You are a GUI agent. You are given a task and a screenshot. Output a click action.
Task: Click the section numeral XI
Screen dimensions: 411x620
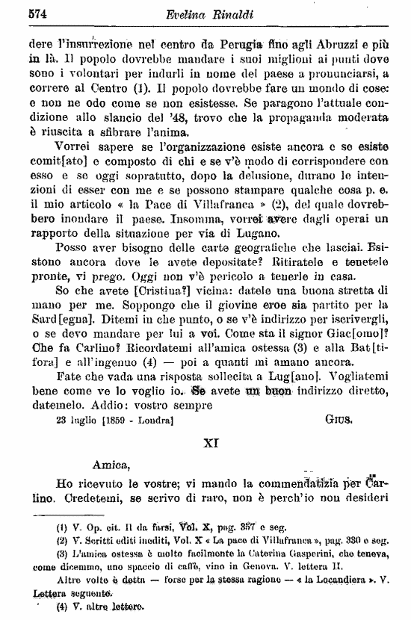coord(210,442)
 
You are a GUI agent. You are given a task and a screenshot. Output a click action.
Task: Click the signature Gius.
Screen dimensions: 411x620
coord(337,420)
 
